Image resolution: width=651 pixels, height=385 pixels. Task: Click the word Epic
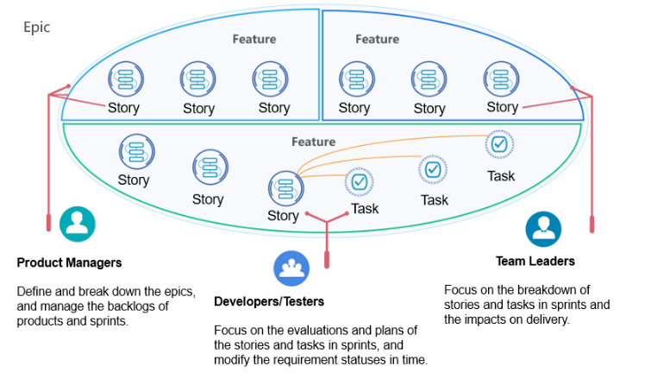pos(36,28)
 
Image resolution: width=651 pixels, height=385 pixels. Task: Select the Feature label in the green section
pos(313,142)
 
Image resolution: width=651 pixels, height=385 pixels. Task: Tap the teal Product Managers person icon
pos(78,224)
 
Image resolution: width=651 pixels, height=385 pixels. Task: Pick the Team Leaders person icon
pos(543,229)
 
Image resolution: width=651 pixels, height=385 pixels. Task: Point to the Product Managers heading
pos(70,262)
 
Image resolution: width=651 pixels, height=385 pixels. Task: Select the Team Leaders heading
pos(535,261)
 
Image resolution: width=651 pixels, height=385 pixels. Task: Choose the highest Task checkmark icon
pos(500,144)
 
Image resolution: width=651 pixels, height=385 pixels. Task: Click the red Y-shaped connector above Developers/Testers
pos(327,229)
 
